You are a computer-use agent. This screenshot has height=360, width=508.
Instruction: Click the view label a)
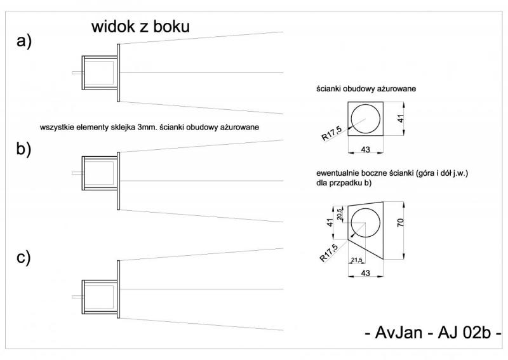point(24,42)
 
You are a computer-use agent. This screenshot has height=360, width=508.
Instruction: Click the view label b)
point(24,150)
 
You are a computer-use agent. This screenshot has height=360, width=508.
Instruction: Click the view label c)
point(24,258)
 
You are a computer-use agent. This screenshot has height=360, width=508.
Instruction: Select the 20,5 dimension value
point(340,214)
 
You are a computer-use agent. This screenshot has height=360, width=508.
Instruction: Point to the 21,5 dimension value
point(356,261)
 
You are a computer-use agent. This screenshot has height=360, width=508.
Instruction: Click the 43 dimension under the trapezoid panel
point(365,273)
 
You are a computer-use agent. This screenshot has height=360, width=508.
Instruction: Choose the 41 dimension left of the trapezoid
point(329,223)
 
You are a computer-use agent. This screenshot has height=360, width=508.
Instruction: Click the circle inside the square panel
point(366,118)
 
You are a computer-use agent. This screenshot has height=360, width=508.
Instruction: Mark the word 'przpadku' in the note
point(348,183)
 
